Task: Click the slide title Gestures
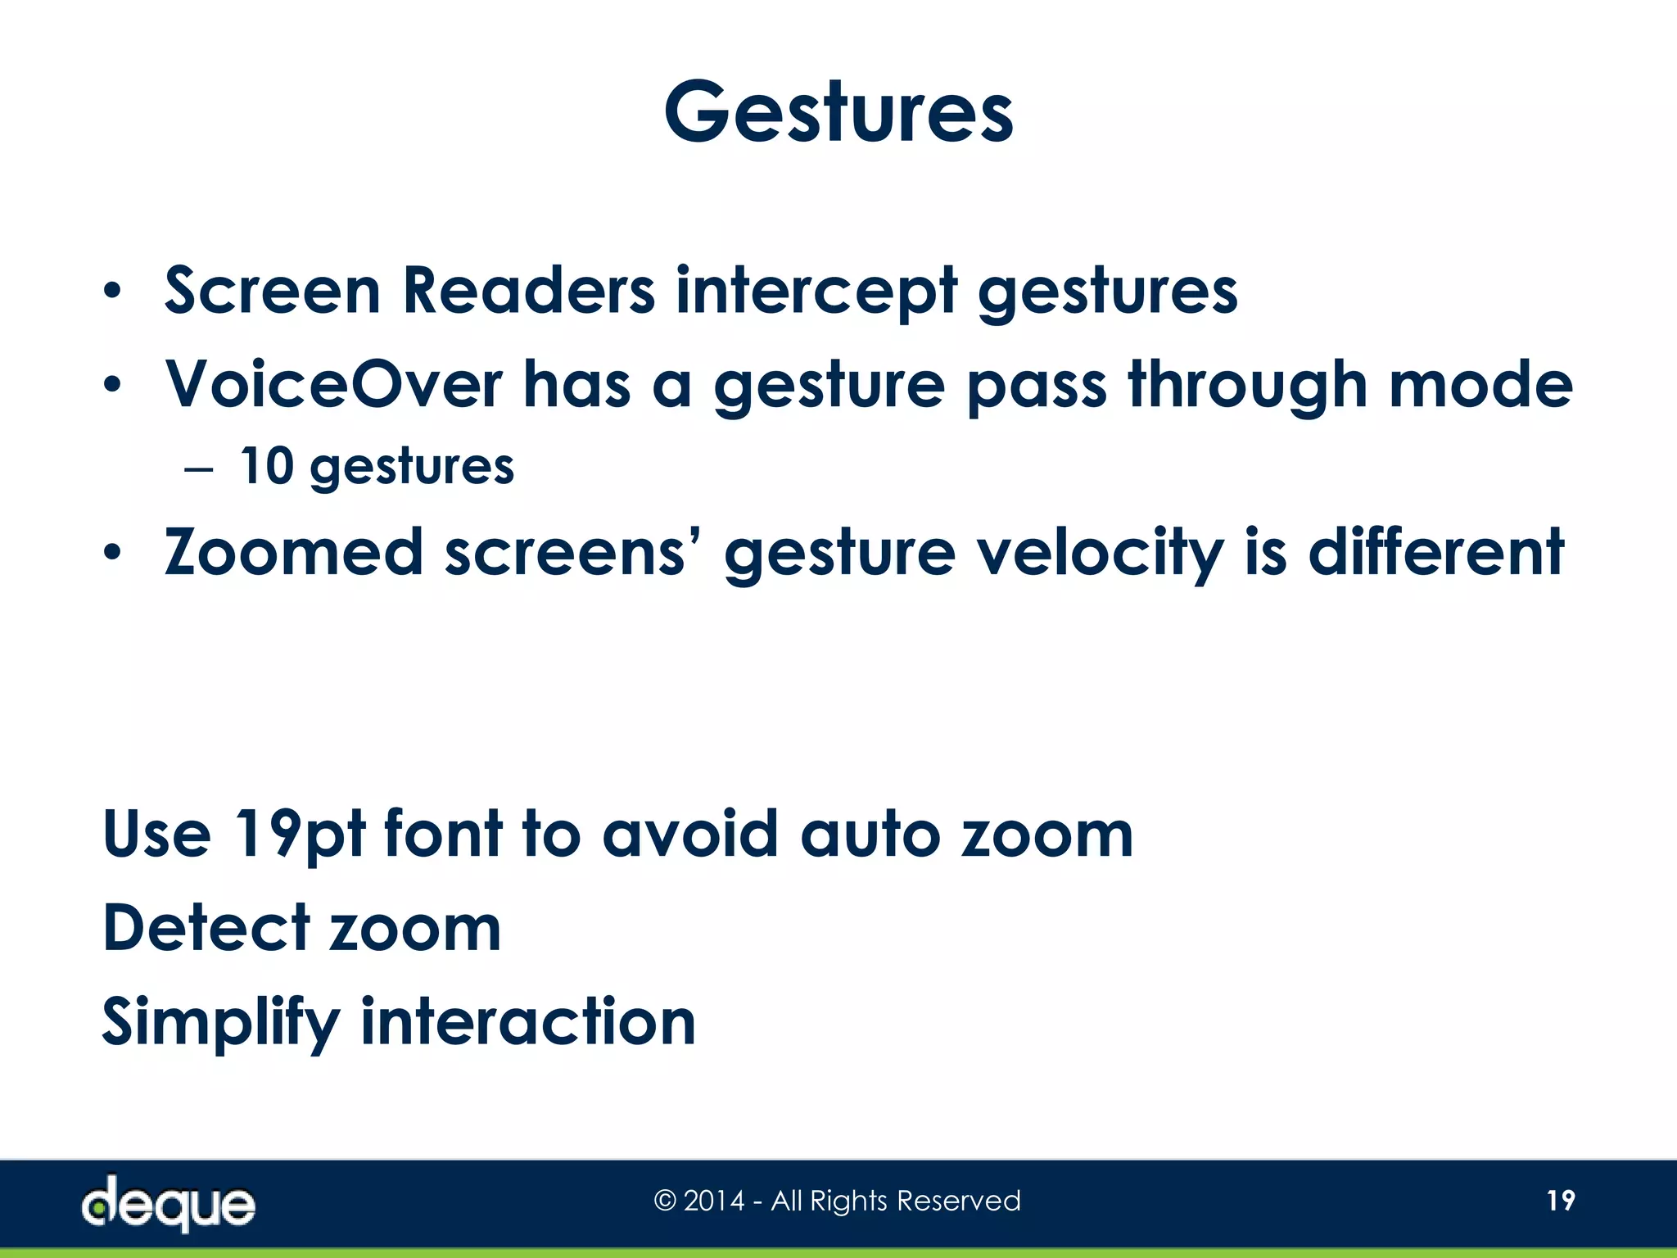[x=838, y=113]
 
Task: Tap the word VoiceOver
[x=334, y=384]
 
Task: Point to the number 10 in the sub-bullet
[x=267, y=467]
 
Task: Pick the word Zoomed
[x=293, y=553]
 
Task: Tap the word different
[x=1436, y=553]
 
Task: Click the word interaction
[x=528, y=1022]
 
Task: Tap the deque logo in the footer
[x=169, y=1202]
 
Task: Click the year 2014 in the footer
[x=714, y=1201]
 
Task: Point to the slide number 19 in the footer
[x=1561, y=1201]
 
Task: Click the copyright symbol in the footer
[x=665, y=1201]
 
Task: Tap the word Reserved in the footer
[x=959, y=1201]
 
